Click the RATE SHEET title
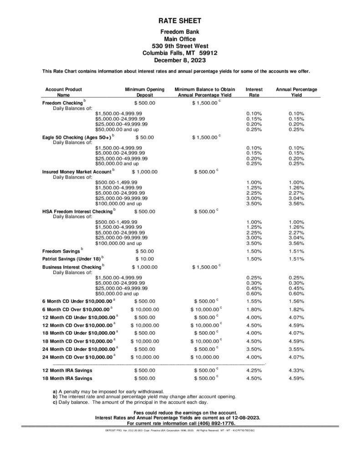point(179,21)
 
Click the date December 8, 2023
point(179,60)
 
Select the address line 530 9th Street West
point(179,46)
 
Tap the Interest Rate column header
point(254,92)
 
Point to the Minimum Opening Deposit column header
point(141,92)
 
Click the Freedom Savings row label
point(61,251)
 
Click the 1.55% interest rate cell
point(254,301)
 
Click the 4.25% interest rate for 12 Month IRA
point(254,370)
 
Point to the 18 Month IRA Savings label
point(67,378)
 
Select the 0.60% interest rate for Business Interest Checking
point(254,294)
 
